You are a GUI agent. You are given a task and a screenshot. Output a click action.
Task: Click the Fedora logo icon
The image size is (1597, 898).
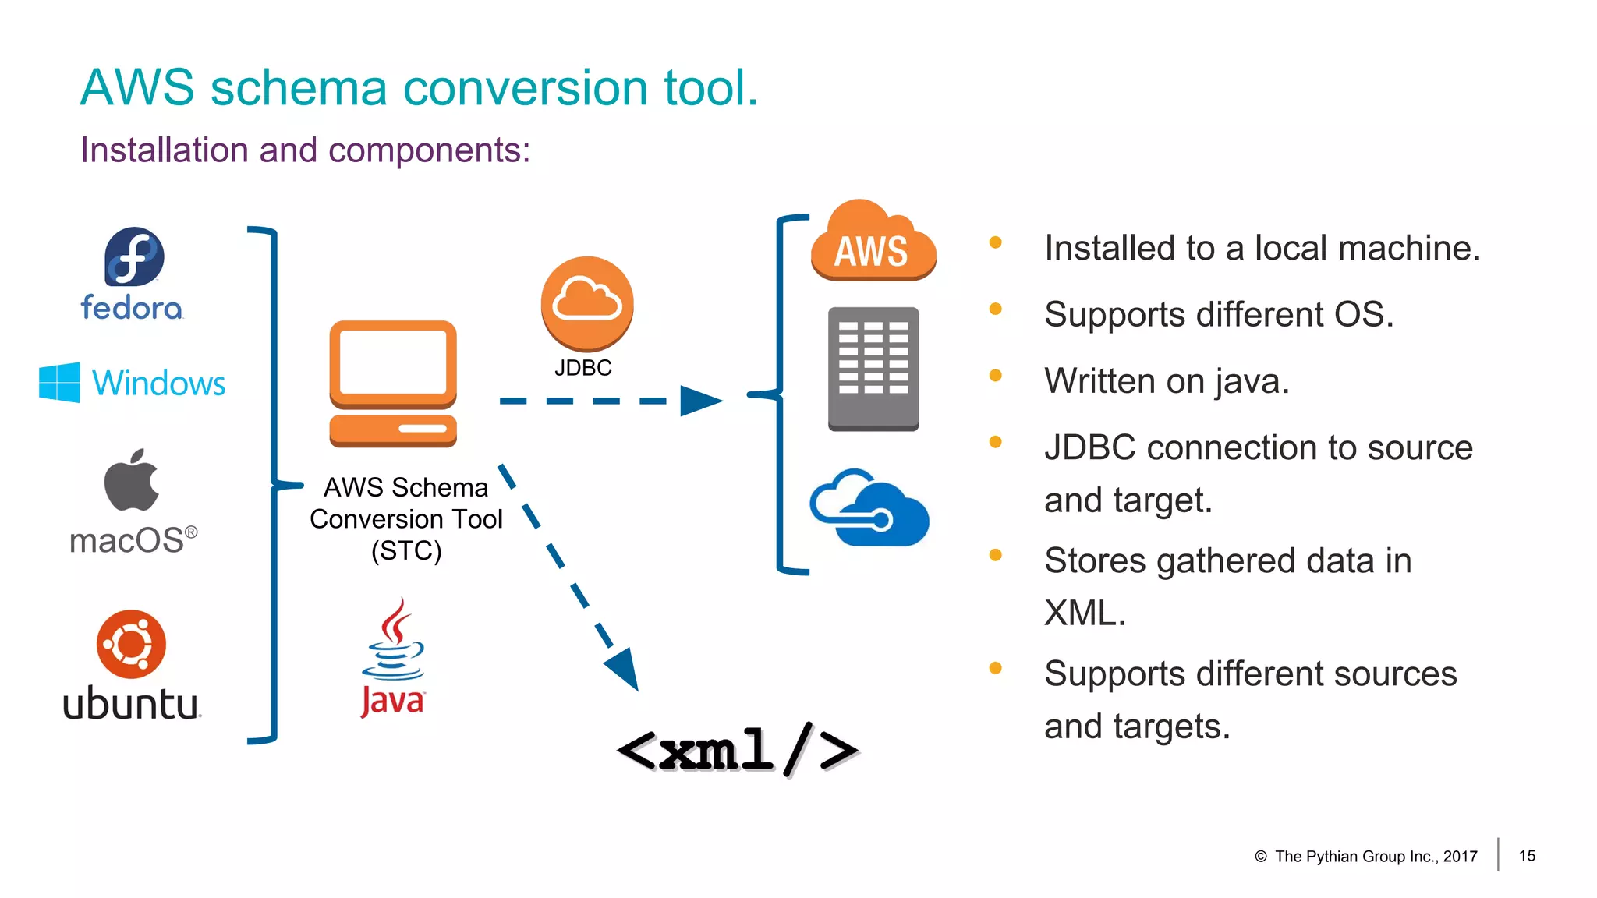[x=134, y=256]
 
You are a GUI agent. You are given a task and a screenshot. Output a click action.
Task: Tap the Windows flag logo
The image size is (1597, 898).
[x=59, y=382]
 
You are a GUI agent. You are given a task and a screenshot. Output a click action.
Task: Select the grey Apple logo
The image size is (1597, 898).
[x=131, y=481]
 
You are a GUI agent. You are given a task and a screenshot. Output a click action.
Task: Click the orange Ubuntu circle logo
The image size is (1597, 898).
[x=131, y=644]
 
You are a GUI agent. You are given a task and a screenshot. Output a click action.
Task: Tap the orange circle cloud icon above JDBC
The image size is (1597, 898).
[x=586, y=303]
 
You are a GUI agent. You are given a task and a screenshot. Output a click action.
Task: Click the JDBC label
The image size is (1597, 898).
[x=582, y=368]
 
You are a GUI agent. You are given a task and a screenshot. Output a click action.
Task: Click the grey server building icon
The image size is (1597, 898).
[x=873, y=369]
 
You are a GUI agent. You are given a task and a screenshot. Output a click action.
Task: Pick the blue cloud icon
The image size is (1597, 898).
[x=870, y=508]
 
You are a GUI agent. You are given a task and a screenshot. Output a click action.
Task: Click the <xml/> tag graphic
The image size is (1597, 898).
[x=736, y=750]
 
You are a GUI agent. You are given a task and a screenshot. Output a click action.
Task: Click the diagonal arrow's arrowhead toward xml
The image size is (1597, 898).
[x=624, y=670]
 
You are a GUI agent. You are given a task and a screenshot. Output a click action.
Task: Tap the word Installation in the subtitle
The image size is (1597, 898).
[x=164, y=150]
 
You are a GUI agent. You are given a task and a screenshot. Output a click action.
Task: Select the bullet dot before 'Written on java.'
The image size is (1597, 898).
[x=995, y=375]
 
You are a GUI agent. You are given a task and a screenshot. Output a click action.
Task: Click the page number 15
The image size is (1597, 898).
[x=1527, y=855]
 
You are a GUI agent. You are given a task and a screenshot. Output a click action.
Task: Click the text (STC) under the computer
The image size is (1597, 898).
[x=406, y=551]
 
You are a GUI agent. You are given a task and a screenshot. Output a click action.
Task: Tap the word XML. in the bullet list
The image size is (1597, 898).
[x=1085, y=613]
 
